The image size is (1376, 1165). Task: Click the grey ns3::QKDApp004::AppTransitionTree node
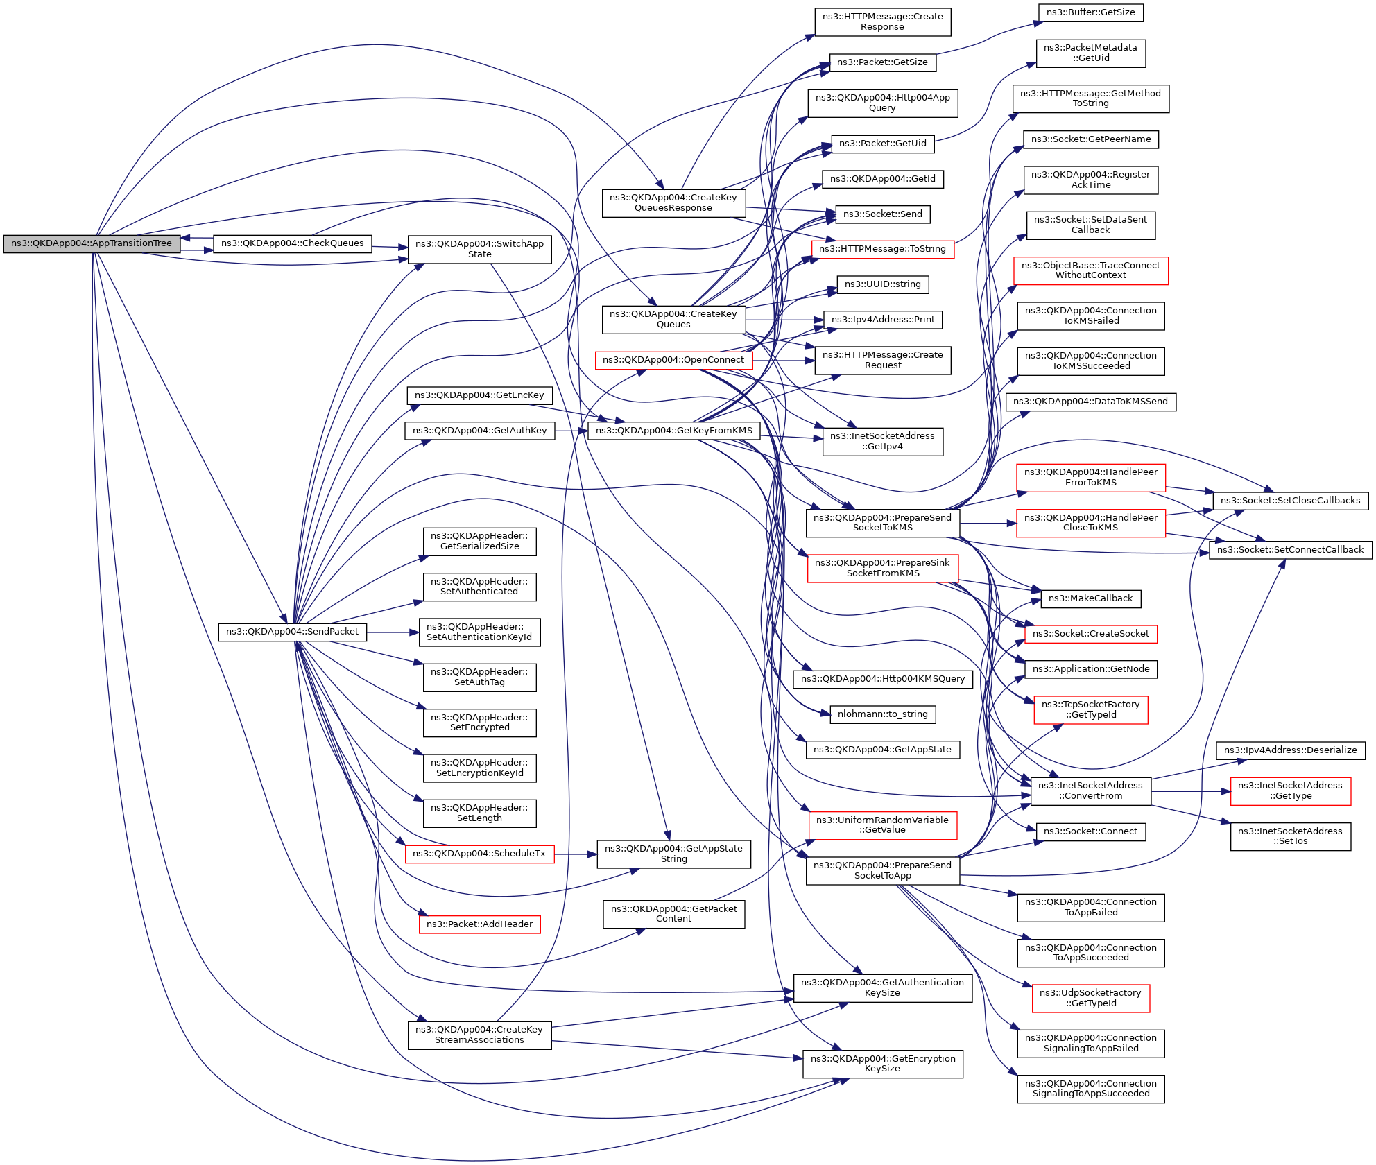[92, 244]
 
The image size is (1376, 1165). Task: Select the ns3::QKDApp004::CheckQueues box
[292, 244]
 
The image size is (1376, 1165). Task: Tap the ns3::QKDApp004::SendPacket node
[292, 632]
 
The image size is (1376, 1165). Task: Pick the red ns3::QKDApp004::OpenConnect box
[673, 361]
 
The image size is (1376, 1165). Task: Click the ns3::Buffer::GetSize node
[1090, 12]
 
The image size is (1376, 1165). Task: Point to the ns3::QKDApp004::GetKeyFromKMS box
[673, 431]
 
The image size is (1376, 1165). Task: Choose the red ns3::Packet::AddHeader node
[479, 924]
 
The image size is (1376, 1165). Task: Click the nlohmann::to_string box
[882, 714]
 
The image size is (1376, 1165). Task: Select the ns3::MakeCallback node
[1090, 598]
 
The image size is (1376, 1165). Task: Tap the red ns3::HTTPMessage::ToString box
[882, 249]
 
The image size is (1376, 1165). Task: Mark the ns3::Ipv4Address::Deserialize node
[1290, 750]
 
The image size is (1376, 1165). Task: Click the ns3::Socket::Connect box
[1090, 831]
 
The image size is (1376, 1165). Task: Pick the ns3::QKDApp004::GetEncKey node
[479, 395]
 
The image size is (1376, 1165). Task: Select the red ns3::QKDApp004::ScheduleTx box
[479, 854]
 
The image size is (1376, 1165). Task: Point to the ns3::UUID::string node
[882, 284]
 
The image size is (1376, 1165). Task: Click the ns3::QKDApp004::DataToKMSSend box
[1090, 402]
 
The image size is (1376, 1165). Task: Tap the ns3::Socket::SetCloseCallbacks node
[1290, 501]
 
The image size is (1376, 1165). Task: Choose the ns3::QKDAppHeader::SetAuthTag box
[479, 678]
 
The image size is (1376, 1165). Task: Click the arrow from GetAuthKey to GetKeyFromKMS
[571, 431]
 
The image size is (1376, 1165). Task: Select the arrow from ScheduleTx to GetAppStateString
[575, 854]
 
